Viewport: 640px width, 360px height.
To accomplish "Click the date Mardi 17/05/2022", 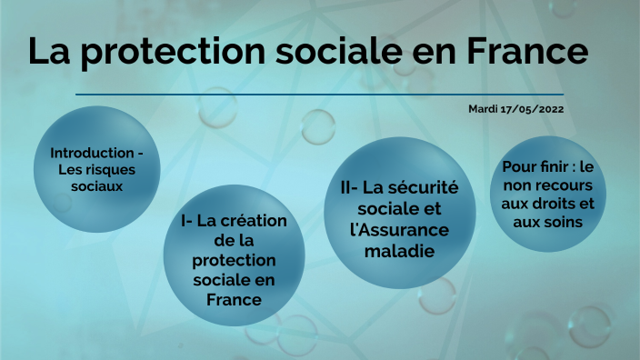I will click(515, 109).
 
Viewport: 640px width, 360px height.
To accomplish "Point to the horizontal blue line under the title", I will click(319, 94).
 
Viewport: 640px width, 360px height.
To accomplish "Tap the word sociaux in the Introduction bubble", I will click(96, 185).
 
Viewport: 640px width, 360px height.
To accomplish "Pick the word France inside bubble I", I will click(234, 299).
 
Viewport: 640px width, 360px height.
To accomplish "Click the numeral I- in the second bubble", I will click(187, 220).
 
